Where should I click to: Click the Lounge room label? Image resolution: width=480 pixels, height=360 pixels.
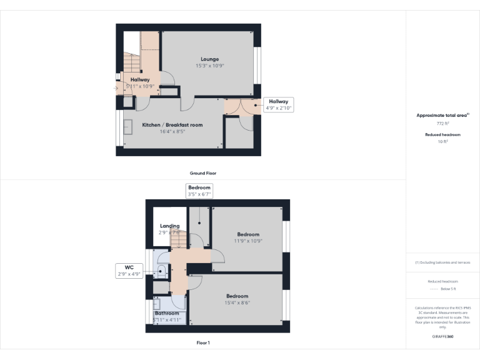209,59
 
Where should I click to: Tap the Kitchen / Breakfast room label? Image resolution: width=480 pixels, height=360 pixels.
172,125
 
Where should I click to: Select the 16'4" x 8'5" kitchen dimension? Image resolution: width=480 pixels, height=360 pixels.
172,132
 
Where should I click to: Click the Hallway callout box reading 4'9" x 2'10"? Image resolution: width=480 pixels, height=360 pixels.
279,105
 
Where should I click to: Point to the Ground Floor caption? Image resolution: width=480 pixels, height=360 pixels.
203,173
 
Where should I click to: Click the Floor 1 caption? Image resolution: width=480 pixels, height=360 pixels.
203,342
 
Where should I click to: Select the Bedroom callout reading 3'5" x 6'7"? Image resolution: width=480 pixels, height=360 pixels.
200,191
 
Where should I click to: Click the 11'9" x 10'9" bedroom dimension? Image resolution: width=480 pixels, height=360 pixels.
248,241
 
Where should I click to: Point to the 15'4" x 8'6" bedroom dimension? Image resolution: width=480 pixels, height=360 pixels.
237,302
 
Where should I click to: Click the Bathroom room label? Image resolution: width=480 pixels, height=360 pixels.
167,313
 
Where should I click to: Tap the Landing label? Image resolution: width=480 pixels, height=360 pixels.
170,226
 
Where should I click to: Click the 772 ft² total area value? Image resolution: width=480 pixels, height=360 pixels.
442,124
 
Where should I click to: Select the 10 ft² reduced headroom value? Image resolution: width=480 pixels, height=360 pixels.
442,142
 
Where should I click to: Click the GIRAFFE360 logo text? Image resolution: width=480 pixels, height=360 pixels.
442,336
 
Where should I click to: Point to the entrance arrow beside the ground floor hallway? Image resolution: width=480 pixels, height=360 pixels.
115,88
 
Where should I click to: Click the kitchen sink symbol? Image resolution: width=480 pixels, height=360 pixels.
129,127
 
